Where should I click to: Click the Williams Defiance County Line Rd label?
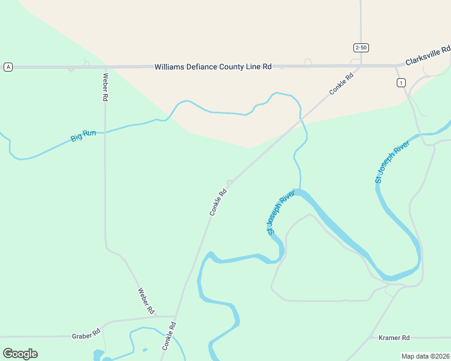coord(213,67)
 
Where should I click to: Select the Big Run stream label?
coord(83,136)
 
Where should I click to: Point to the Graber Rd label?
coord(84,336)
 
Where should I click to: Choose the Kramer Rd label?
coord(394,338)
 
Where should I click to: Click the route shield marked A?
coord(8,67)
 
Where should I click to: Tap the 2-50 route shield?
coord(361,48)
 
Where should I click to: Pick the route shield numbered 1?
coord(401,83)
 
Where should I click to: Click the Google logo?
coord(20,354)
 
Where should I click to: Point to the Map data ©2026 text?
coord(425,356)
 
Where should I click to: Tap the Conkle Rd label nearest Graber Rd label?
coord(169,336)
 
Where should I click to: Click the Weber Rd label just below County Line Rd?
coord(105,87)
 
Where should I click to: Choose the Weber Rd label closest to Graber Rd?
coord(147,300)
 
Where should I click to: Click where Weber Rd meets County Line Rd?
coord(105,67)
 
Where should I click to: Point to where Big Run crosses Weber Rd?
coord(105,131)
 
